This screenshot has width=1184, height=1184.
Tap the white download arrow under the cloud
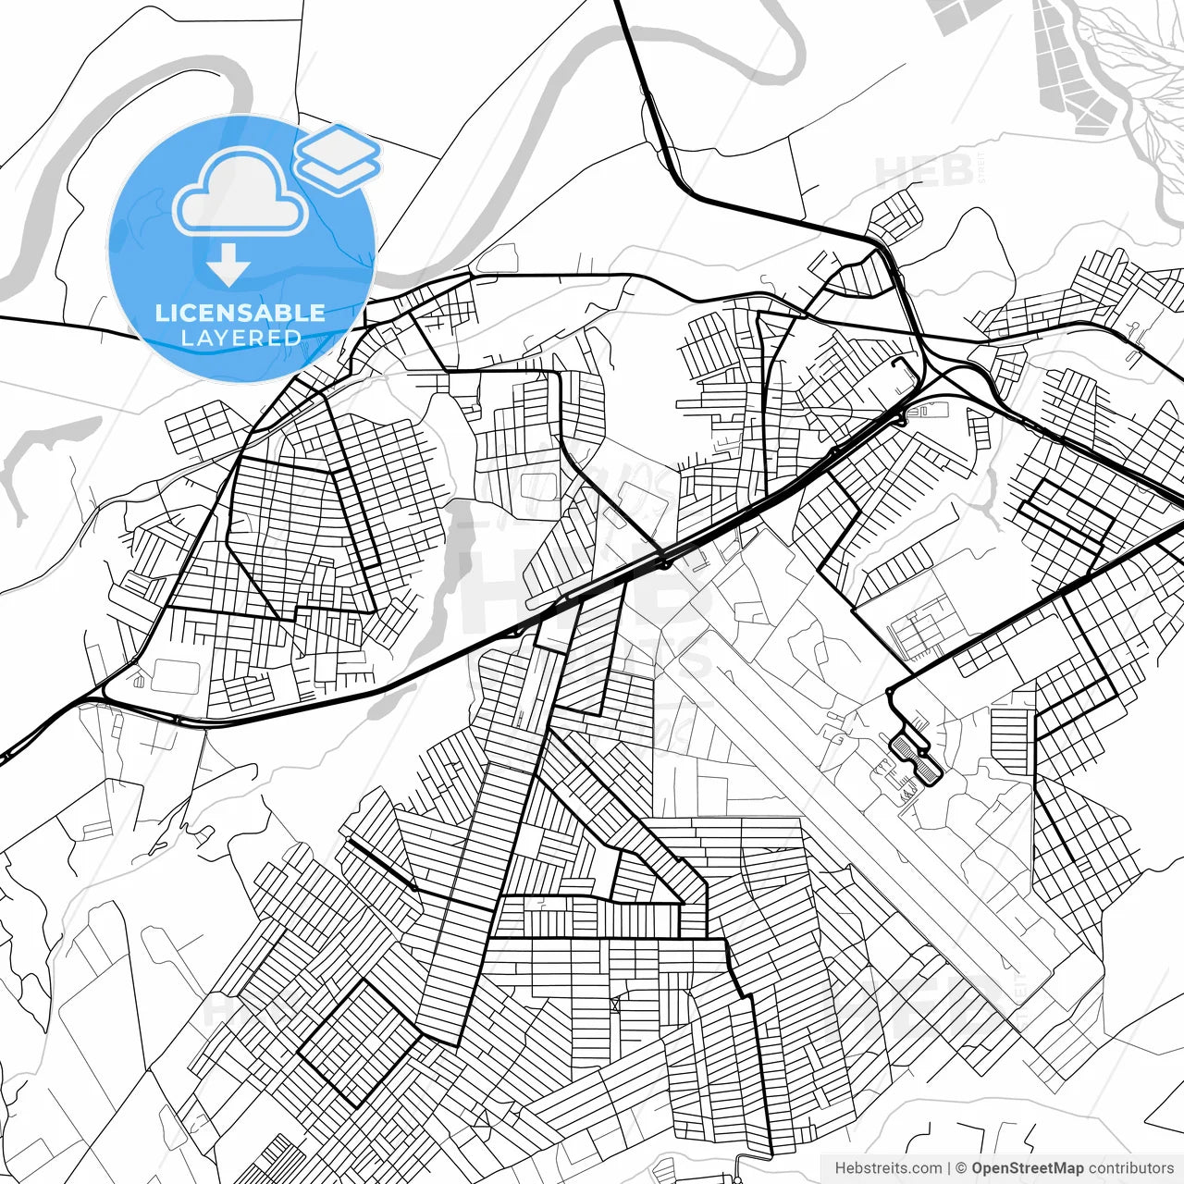228,266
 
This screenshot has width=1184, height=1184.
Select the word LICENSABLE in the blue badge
240,313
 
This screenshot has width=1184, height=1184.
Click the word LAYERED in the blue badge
240,339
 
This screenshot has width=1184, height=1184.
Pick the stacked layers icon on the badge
338,157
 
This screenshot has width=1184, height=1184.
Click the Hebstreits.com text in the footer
888,1168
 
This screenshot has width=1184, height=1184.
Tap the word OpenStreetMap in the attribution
1027,1168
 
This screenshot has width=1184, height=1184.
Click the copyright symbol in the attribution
960,1168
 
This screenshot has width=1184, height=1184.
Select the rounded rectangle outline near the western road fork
176,675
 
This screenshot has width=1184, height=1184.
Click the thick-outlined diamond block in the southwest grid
359,1043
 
